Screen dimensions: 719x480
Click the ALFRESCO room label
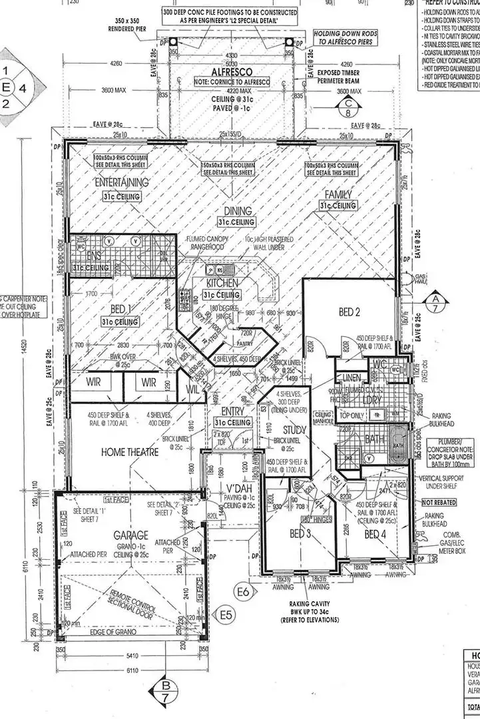(x=230, y=73)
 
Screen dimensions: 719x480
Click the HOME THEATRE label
(x=130, y=452)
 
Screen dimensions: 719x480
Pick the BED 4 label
(x=375, y=534)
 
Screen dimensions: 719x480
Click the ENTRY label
(x=232, y=411)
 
